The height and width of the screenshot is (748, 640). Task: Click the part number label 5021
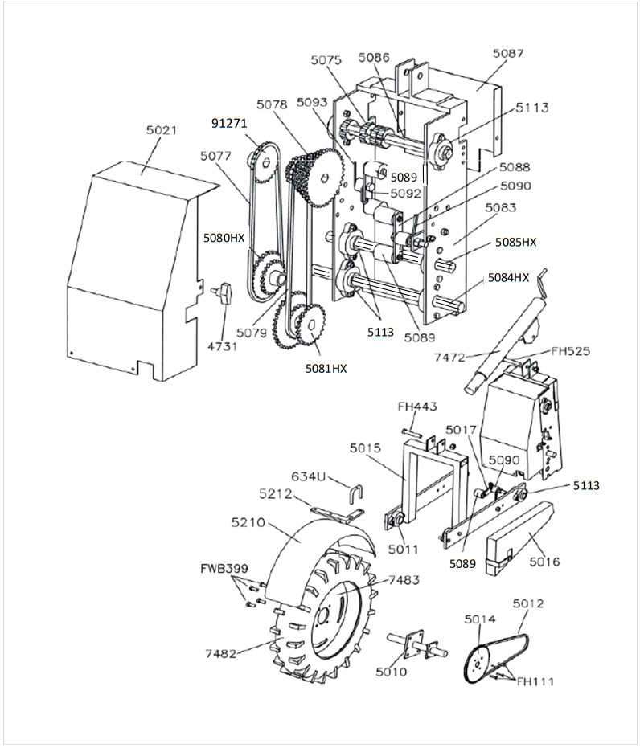tap(162, 130)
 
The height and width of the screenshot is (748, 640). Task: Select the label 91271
tap(229, 123)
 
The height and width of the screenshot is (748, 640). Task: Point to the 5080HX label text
tap(224, 238)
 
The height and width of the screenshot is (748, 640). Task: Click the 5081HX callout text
tap(326, 368)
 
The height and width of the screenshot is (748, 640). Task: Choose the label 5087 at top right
tap(507, 54)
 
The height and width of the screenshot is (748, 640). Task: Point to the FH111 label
tap(535, 682)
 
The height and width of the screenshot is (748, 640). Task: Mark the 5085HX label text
tap(515, 241)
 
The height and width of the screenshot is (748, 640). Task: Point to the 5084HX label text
tap(508, 277)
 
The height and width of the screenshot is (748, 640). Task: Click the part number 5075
tap(326, 60)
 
